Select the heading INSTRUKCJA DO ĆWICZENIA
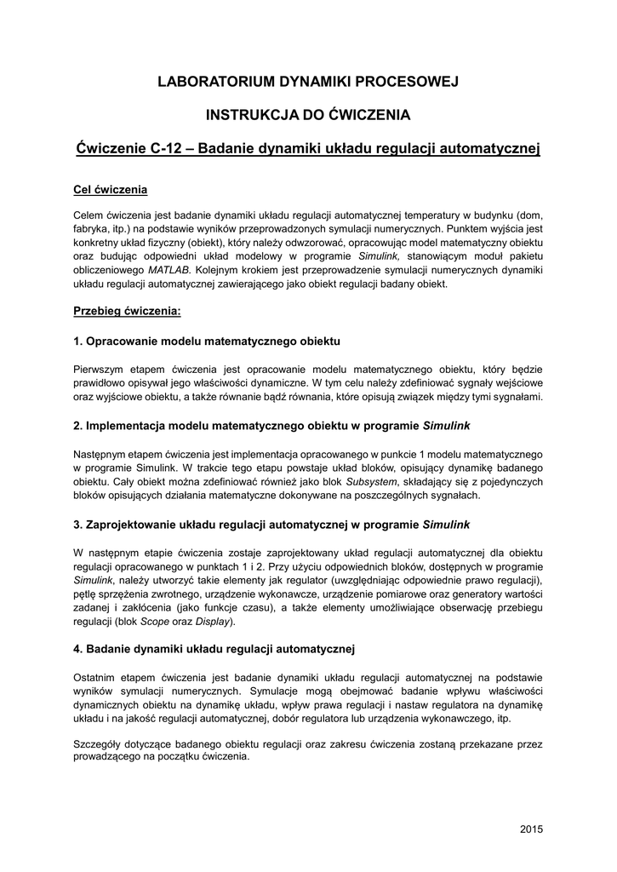coord(308,113)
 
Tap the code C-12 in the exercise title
coord(166,147)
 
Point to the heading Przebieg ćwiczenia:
coord(127,311)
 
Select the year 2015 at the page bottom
coord(531,828)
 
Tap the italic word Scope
coord(156,622)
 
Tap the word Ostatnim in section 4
coord(99,677)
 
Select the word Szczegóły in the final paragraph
coord(100,742)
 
